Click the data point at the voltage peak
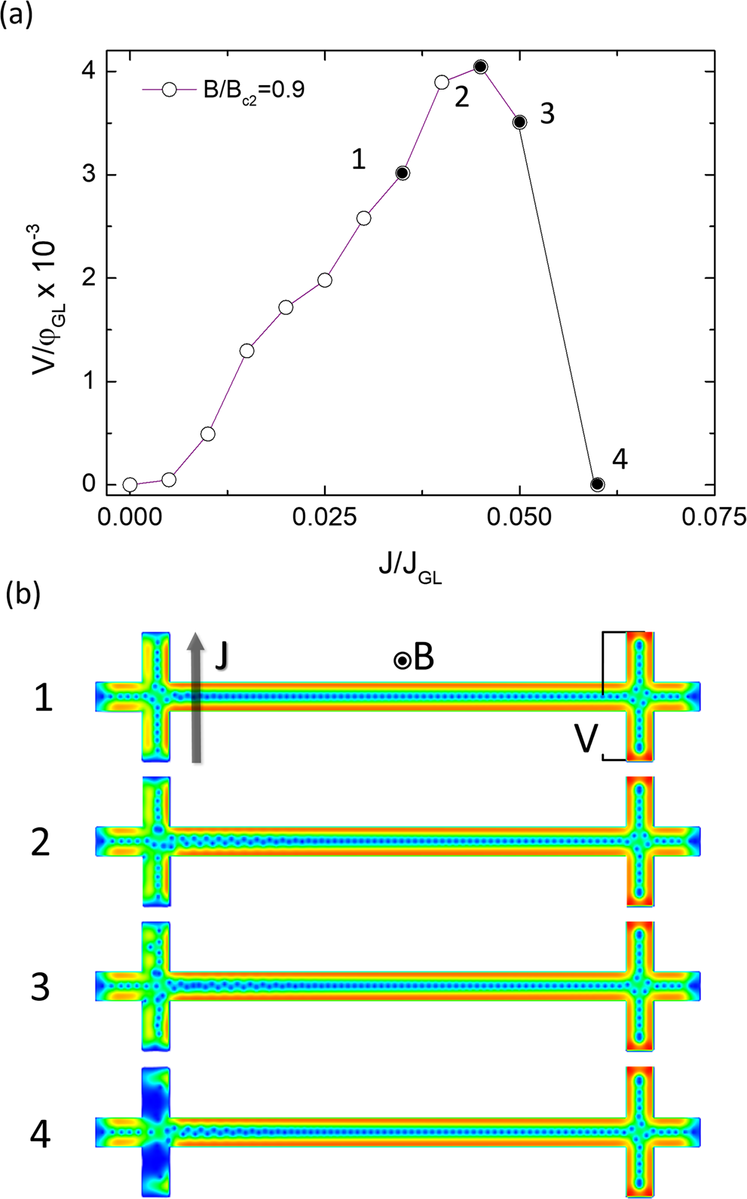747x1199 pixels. pos(480,67)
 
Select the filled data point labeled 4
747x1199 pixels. pos(597,484)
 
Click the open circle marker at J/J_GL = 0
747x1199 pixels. pos(130,485)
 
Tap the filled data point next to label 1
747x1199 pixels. pos(403,173)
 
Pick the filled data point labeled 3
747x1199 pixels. pos(519,122)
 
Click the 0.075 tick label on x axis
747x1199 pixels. pos(714,517)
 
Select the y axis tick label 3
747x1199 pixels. pos(89,175)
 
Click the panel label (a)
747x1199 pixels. pos(17,15)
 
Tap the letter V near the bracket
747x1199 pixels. pos(586,740)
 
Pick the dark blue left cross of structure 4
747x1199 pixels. pos(156,1133)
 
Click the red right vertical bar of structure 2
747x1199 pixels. pos(640,840)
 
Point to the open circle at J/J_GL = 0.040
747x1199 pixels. pos(442,82)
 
